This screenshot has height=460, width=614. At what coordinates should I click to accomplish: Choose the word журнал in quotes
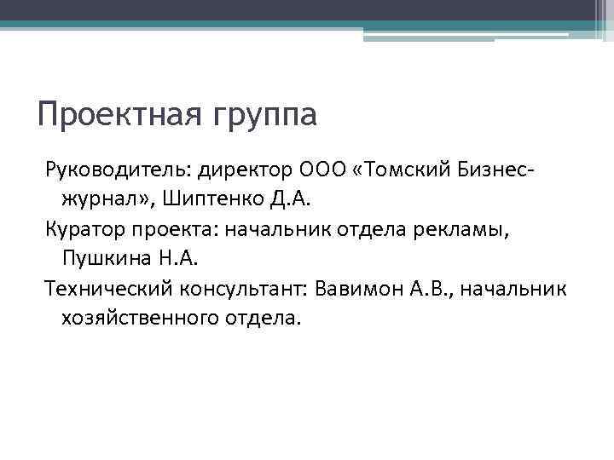(101, 202)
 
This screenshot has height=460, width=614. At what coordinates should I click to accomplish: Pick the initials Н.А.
(174, 258)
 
